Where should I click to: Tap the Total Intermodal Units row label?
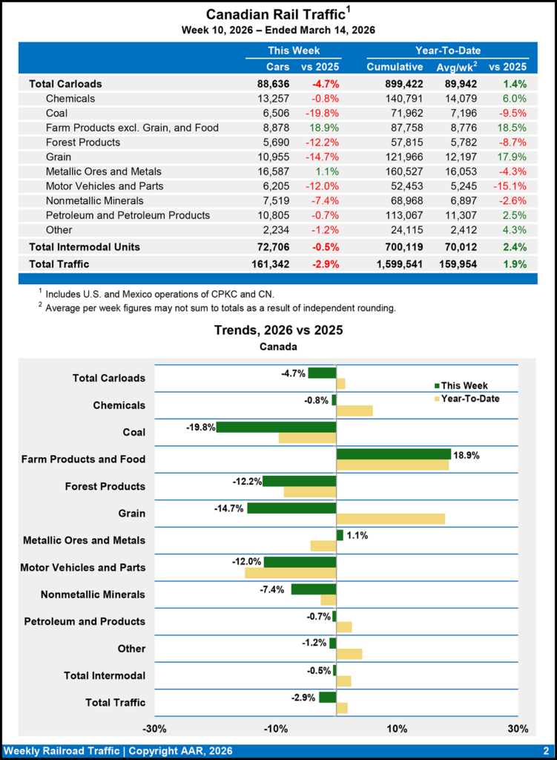click(84, 246)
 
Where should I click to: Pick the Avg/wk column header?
click(455, 68)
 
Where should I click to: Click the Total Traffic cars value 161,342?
click(256, 263)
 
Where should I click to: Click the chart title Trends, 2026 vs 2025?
click(278, 330)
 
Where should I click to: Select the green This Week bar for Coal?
click(276, 427)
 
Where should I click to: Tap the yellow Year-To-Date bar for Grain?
click(390, 519)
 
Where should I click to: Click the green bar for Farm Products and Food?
click(393, 454)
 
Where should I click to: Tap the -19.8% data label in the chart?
click(200, 427)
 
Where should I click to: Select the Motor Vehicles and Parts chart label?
click(82, 568)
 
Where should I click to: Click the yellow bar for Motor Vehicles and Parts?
click(290, 573)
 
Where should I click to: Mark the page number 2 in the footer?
click(545, 751)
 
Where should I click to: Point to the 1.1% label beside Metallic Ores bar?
click(357, 535)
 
